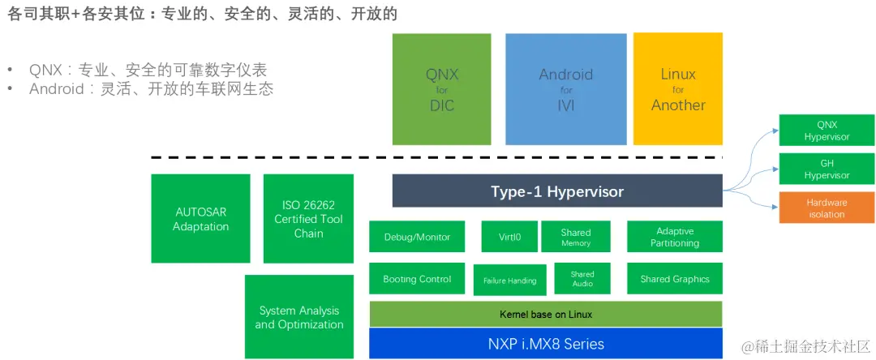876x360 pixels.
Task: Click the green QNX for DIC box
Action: point(441,89)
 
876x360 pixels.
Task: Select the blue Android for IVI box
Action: point(565,89)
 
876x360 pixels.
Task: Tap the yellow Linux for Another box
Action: point(678,89)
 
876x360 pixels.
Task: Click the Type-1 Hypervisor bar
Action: point(557,191)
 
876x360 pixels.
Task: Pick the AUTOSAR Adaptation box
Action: point(200,219)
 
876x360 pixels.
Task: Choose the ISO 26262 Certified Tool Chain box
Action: point(308,219)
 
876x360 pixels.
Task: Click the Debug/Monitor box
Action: point(417,237)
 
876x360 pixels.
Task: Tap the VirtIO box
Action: point(510,237)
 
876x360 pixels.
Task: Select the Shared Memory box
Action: point(576,237)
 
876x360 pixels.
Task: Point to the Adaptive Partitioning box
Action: point(674,237)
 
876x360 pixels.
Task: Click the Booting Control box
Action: point(417,279)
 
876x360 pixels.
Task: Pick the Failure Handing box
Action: point(509,280)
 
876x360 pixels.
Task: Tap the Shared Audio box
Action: point(582,279)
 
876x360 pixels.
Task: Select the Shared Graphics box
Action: point(674,279)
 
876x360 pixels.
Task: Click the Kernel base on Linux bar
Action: point(545,314)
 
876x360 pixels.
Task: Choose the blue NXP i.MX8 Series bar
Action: point(545,344)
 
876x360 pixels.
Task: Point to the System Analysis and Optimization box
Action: point(299,317)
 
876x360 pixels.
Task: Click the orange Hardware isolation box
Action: point(827,208)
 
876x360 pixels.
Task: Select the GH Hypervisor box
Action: point(827,169)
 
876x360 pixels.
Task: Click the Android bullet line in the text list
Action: point(151,89)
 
